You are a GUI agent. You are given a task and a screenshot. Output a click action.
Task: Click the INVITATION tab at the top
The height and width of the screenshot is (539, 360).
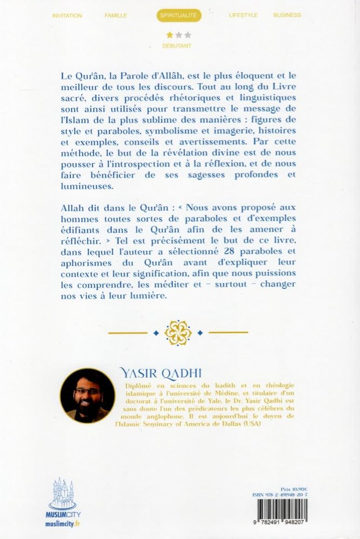(x=67, y=16)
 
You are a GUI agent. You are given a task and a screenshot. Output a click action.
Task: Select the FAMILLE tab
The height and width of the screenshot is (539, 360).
(x=116, y=16)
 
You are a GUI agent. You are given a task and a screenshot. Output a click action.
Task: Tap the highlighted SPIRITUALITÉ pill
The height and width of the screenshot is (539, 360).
(x=180, y=16)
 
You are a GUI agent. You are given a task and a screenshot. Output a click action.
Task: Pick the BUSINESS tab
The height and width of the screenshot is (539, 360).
(x=287, y=16)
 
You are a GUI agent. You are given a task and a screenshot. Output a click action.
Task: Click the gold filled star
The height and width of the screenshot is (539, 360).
(x=170, y=35)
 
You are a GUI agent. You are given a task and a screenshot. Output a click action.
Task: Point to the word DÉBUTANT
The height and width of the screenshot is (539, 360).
(x=177, y=46)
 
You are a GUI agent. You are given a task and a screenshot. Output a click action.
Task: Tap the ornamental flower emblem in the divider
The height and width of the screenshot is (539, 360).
(x=178, y=333)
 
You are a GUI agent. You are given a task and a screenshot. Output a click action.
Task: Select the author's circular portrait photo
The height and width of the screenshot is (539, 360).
(x=87, y=395)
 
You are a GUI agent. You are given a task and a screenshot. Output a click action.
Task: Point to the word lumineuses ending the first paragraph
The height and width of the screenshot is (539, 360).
(x=87, y=186)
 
